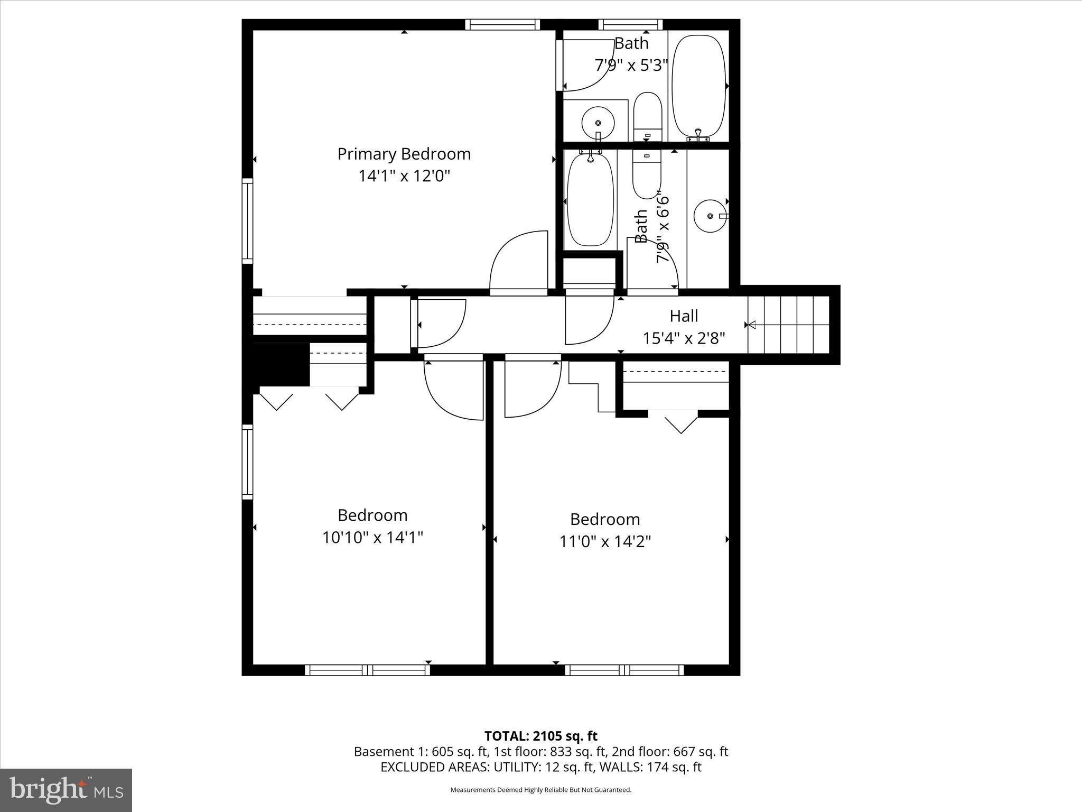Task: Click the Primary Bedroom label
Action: click(404, 154)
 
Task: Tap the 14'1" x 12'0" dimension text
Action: click(404, 176)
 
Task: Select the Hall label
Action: click(684, 316)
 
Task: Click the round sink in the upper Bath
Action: click(598, 123)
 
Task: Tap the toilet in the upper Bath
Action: click(647, 115)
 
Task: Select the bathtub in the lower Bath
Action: click(590, 199)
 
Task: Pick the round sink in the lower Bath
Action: click(710, 216)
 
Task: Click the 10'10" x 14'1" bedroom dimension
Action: click(372, 538)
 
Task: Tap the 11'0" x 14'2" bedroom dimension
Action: click(605, 541)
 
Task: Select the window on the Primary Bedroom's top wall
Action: click(502, 24)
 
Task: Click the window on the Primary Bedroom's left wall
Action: click(247, 220)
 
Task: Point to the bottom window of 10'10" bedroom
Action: click(368, 670)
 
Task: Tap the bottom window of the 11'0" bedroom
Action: click(624, 670)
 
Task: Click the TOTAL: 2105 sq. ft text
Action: click(540, 736)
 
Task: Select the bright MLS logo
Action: click(66, 790)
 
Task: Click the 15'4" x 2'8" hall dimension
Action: click(684, 338)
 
